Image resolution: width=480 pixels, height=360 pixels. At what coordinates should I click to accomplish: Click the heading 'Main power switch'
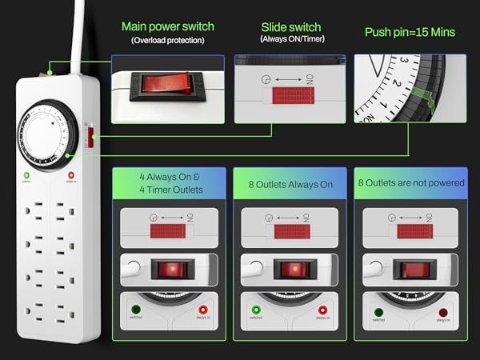167,26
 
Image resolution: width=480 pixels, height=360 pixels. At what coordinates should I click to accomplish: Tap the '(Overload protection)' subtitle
167,39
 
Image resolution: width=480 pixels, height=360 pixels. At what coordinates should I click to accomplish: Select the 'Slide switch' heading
290,26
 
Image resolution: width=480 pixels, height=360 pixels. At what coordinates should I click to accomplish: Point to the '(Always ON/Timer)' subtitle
290,38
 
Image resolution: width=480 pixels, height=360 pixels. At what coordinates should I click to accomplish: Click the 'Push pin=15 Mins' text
410,32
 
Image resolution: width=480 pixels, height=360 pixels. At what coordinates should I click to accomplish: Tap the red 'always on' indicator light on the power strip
71,176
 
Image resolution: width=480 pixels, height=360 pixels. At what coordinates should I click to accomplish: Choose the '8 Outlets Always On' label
289,183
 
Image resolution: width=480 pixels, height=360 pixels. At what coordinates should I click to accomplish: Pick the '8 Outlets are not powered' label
410,182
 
